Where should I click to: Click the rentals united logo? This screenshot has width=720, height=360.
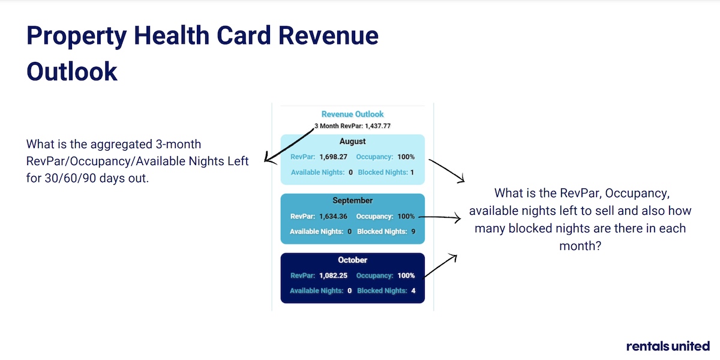click(x=668, y=346)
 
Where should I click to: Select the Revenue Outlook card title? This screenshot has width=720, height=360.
click(x=353, y=114)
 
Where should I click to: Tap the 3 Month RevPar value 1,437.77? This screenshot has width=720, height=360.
click(x=377, y=126)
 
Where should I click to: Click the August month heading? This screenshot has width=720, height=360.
click(x=353, y=142)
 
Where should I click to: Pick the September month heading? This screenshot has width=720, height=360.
click(x=353, y=200)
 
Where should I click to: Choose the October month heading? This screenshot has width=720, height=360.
click(x=353, y=260)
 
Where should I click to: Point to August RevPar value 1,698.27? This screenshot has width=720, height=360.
click(x=334, y=157)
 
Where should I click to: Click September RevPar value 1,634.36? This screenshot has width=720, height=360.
click(x=334, y=217)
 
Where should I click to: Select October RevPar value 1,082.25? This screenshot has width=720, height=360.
click(x=334, y=275)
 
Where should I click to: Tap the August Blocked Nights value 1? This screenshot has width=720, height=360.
click(x=412, y=172)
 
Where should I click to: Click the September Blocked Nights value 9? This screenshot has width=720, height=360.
click(x=413, y=232)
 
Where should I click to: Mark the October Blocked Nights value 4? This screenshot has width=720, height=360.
click(x=413, y=291)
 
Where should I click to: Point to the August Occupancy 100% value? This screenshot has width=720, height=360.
click(x=406, y=157)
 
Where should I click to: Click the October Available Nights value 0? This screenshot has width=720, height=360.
click(x=350, y=291)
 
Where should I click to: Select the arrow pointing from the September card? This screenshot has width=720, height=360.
click(x=440, y=218)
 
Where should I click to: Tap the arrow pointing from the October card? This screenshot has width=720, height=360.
click(x=440, y=265)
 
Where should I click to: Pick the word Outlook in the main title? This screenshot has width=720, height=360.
click(x=71, y=71)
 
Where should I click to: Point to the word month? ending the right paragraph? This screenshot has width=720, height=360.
click(x=580, y=246)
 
